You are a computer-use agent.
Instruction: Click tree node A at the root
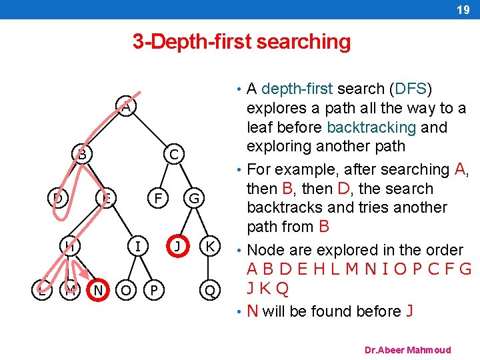(125, 106)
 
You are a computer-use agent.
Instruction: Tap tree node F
(157, 198)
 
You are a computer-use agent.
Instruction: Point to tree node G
(194, 198)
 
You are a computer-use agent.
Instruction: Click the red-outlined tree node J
(177, 246)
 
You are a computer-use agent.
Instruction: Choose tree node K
(209, 246)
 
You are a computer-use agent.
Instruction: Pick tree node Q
(209, 290)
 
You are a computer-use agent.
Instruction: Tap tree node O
(125, 290)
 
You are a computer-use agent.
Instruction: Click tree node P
(155, 290)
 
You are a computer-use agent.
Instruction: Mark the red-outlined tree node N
(99, 290)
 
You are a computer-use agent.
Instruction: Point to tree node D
(59, 198)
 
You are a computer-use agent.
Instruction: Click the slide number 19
(463, 9)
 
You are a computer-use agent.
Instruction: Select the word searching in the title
(303, 42)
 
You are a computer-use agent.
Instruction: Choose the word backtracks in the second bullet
(286, 207)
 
